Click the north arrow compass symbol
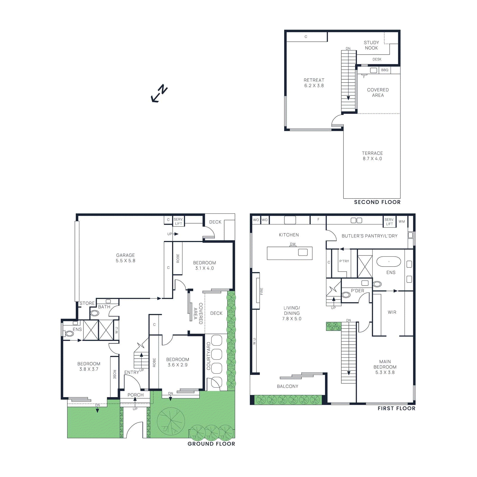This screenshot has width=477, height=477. (159, 93)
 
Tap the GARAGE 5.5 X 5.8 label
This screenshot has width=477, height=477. (126, 258)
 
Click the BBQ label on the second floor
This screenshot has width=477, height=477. (385, 70)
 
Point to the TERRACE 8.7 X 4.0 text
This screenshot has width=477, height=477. (372, 156)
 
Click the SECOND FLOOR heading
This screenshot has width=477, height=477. (377, 202)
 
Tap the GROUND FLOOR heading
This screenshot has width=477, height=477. (211, 444)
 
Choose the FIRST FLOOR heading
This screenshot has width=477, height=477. (396, 408)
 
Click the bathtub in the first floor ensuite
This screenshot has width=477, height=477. (389, 261)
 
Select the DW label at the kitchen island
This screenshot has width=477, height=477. (293, 244)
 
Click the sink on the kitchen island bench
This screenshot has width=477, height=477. (303, 252)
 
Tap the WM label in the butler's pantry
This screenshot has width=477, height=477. (402, 222)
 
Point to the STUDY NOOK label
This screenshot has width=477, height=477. (371, 45)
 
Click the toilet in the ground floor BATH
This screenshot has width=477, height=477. (95, 313)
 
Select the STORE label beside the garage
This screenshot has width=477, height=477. (87, 303)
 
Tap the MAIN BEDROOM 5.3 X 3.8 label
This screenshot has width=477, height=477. (385, 367)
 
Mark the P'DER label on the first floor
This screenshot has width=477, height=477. (357, 291)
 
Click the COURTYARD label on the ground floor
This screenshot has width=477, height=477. (209, 356)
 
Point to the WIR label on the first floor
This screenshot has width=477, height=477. (392, 312)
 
